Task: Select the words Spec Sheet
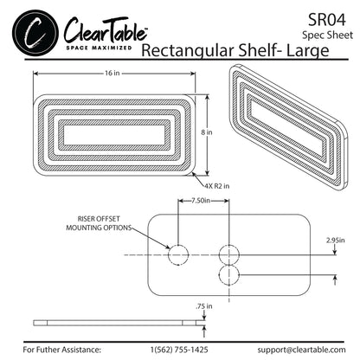(x=327, y=35)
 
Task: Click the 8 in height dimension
(x=204, y=132)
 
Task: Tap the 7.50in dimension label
(x=203, y=201)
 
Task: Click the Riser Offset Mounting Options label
(x=99, y=222)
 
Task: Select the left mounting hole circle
(x=178, y=254)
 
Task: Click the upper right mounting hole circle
(x=229, y=254)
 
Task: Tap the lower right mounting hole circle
(x=229, y=274)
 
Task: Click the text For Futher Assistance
(x=62, y=349)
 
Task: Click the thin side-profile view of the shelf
(x=110, y=322)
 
